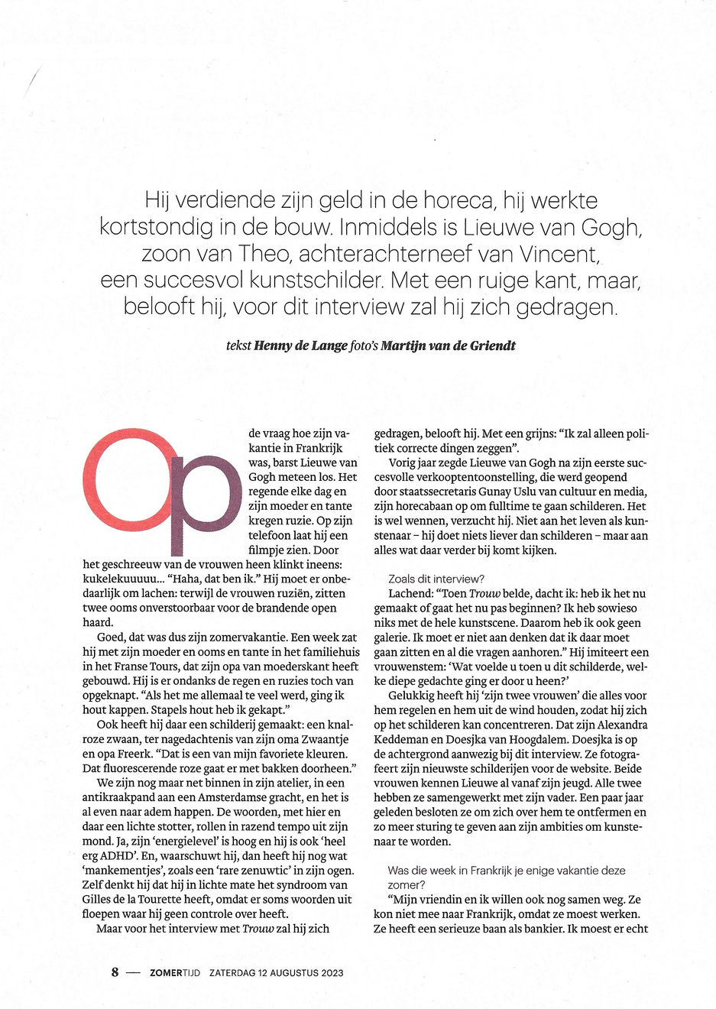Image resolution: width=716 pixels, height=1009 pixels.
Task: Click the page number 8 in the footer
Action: pos(115,972)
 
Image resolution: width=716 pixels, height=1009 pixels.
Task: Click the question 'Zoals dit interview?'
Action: pos(436,579)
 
